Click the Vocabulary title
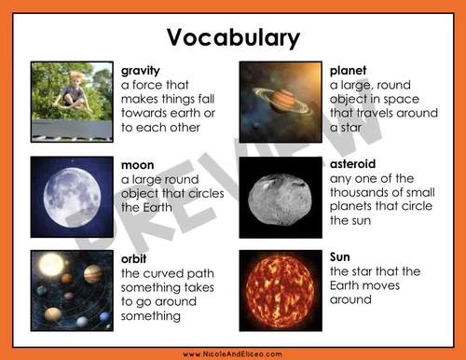233,37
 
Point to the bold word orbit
135,257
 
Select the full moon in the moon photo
72,195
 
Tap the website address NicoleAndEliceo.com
233,353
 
